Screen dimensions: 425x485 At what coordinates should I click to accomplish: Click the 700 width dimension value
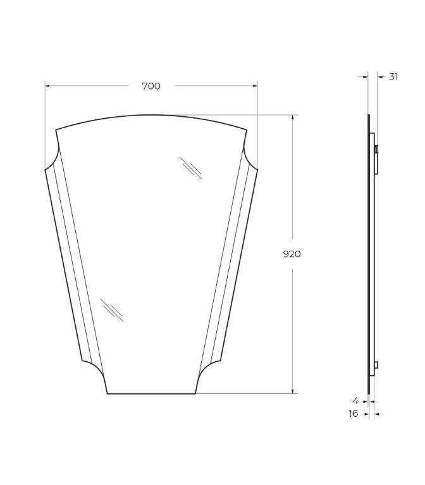[151, 86]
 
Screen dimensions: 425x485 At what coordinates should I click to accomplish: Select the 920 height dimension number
[292, 254]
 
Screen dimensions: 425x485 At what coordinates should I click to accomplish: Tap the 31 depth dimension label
[393, 76]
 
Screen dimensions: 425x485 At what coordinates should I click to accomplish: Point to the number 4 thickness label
[355, 401]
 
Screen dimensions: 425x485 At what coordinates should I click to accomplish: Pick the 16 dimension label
[354, 414]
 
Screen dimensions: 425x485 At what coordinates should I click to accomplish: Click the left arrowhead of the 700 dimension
[47, 86]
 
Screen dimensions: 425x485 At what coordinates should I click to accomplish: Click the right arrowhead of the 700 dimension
[255, 86]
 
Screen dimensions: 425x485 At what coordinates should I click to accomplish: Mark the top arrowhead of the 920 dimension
[293, 117]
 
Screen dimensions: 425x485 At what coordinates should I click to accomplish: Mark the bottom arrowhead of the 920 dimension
[293, 391]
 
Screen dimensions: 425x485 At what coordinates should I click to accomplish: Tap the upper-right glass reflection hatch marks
[191, 168]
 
